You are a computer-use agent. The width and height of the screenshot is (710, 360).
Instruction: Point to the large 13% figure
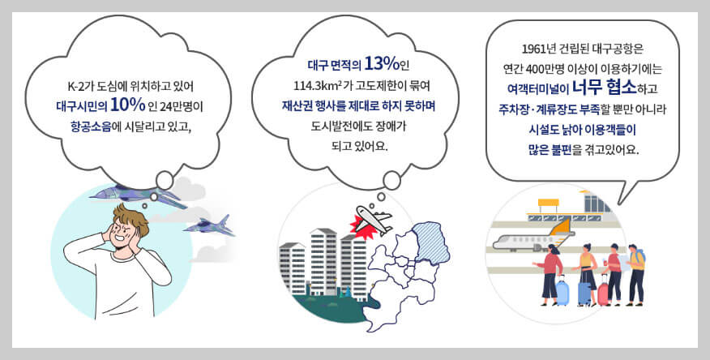(x=381, y=63)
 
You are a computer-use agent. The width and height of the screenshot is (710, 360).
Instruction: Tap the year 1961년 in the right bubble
(x=541, y=47)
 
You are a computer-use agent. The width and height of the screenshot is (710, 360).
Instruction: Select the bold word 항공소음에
(x=101, y=126)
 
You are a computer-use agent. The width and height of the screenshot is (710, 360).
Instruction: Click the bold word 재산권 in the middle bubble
(x=298, y=105)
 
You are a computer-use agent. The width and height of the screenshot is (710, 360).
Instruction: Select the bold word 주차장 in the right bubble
(x=518, y=109)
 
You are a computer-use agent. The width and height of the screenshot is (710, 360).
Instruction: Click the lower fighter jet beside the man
(x=208, y=225)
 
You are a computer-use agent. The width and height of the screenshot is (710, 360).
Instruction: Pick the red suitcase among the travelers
(x=602, y=293)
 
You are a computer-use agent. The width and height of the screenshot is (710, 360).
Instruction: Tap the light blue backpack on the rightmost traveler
(x=640, y=259)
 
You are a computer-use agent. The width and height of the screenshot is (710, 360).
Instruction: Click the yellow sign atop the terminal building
(x=550, y=202)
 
